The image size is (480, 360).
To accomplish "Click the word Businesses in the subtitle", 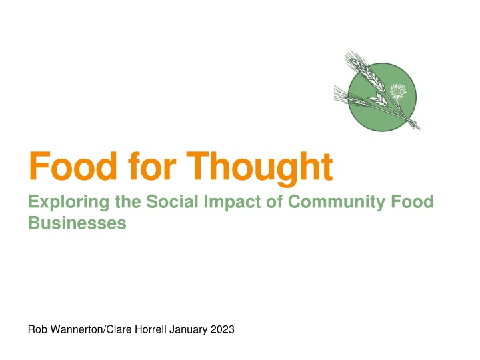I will click(x=77, y=223).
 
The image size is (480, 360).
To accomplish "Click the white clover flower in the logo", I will click(x=398, y=91).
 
